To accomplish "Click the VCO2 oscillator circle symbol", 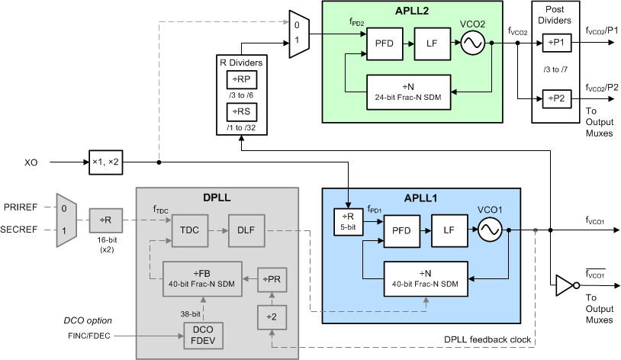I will [472, 43].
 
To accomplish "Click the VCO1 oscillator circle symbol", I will [489, 230].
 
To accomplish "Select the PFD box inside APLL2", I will [385, 43].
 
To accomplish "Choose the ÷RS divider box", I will [240, 113].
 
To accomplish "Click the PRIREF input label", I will [27, 207].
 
